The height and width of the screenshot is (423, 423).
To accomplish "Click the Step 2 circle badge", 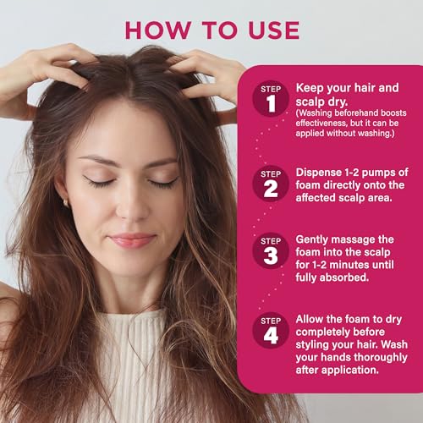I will click(x=271, y=182).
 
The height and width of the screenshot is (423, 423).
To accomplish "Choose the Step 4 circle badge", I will click(x=271, y=330).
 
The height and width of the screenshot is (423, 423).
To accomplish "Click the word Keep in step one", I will click(x=309, y=87).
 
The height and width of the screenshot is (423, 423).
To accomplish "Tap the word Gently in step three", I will click(x=316, y=239).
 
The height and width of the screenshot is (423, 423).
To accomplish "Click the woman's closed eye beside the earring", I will click(x=100, y=182).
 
